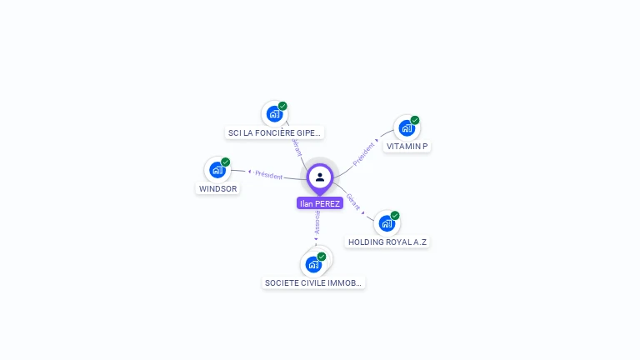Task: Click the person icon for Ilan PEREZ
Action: coord(320,177)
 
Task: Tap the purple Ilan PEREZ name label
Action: coord(320,203)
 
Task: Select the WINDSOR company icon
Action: coord(217,170)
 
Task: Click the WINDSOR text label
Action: coord(217,188)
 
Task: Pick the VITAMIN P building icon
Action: coord(407,128)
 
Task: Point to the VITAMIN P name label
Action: coord(407,147)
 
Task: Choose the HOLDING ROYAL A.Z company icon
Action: coord(387,223)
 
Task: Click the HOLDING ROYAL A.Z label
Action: coord(388,242)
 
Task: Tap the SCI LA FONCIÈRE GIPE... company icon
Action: coord(274,114)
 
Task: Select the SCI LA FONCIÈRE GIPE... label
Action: coord(274,132)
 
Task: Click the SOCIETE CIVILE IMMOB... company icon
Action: coord(313,264)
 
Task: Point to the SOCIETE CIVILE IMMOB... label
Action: coord(313,282)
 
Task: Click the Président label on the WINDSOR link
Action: coord(269,175)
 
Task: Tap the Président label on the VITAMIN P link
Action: coord(363,153)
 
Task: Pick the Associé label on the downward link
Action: coord(317,222)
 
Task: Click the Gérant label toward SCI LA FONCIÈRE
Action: coord(297,146)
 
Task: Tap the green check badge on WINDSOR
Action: coord(226,162)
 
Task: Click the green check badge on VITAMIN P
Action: coord(415,120)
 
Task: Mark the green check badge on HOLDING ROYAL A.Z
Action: coord(395,215)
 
